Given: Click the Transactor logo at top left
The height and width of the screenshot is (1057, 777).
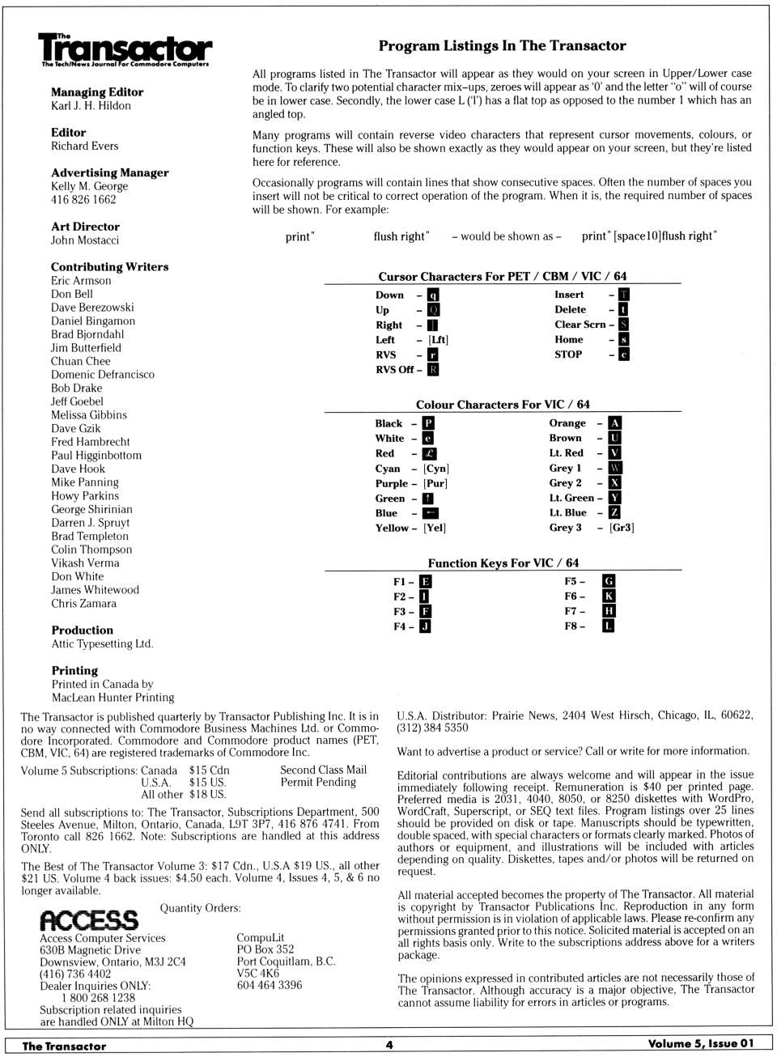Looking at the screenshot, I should (125, 50).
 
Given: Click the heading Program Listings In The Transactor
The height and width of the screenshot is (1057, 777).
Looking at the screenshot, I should (502, 46).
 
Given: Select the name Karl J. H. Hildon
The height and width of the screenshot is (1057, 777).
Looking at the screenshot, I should (91, 106).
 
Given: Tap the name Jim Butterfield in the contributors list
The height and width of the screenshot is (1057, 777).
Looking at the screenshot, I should (86, 348).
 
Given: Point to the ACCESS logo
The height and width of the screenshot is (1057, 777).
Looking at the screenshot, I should (89, 920).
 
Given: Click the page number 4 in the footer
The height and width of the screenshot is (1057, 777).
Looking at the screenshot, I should (389, 1045).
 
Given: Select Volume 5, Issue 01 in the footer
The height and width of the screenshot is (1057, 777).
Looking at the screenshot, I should (700, 1044).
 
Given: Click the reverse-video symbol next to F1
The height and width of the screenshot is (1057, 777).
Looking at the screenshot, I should (425, 582).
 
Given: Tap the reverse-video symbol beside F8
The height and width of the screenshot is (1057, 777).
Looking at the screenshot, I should (609, 626).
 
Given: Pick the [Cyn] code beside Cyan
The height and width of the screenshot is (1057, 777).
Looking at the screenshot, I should (436, 469).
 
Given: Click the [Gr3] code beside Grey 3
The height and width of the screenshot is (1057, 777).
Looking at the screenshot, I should (622, 528).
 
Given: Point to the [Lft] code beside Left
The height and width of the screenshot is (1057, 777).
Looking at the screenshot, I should (438, 340).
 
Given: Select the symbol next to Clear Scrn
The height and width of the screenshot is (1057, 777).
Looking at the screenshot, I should (623, 325).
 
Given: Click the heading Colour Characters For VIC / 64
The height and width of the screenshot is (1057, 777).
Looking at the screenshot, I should (503, 405).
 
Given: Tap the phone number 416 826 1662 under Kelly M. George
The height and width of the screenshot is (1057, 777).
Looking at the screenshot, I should (83, 200).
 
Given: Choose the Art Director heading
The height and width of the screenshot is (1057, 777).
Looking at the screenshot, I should (85, 227).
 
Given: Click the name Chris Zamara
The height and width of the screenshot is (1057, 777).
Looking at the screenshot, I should (83, 604).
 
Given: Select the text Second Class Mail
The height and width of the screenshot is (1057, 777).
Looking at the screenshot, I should (323, 770).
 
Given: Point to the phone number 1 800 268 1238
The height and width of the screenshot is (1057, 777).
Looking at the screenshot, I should (98, 998).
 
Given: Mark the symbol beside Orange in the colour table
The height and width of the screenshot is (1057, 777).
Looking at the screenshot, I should (615, 423).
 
